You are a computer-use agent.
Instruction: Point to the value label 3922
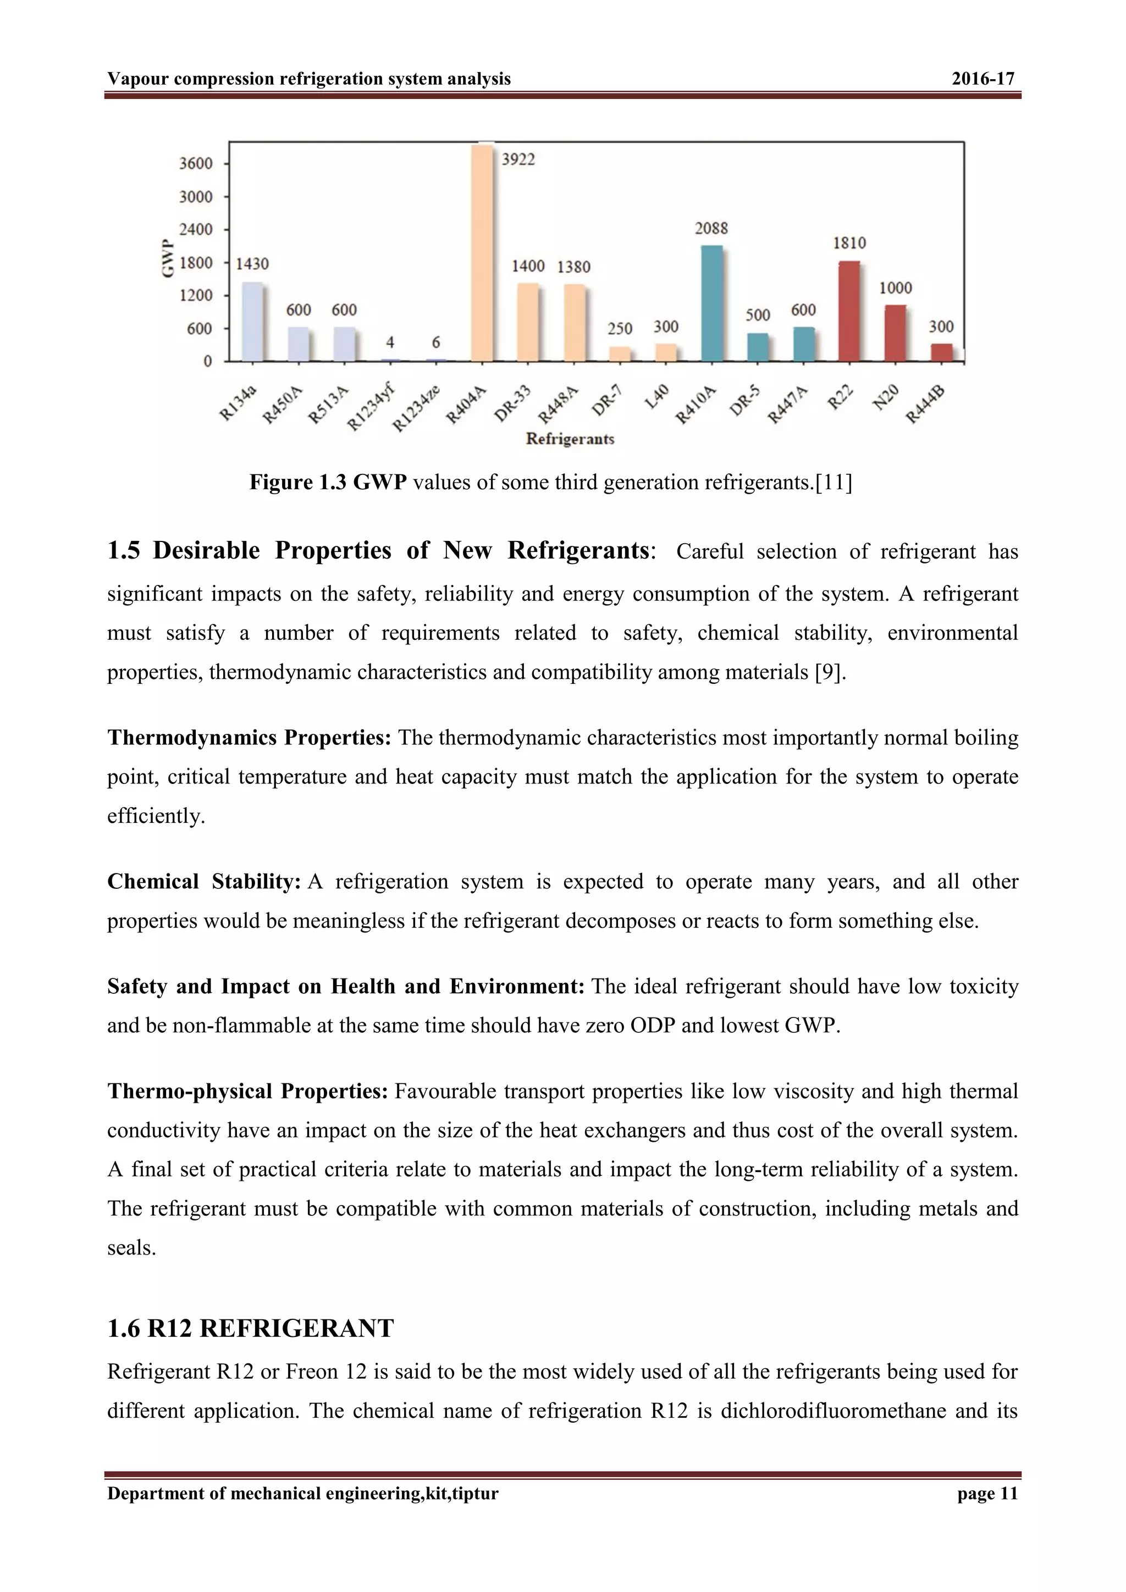518,160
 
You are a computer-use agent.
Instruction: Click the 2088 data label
711,229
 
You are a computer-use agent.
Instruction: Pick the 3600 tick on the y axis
196,164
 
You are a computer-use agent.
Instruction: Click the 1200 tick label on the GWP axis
196,295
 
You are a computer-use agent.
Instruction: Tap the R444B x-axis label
926,405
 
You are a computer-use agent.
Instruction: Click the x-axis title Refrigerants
570,439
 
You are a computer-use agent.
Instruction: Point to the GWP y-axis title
167,258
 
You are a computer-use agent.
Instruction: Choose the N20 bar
896,333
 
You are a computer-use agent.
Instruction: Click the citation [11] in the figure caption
834,483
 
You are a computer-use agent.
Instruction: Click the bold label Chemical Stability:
204,882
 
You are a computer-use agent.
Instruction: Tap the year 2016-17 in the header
983,79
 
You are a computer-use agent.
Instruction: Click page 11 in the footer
987,1494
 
